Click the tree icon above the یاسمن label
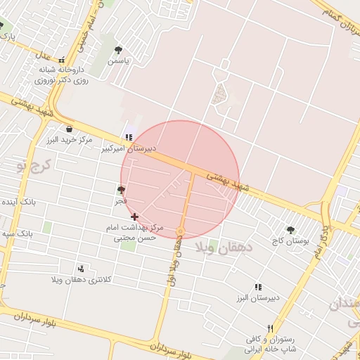(x=118, y=50)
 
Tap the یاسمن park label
(x=118, y=61)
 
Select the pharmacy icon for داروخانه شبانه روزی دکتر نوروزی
(x=62, y=60)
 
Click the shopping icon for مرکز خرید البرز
(x=69, y=129)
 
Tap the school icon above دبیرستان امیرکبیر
(x=128, y=137)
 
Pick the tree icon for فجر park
(x=122, y=190)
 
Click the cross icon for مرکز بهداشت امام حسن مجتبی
(x=134, y=217)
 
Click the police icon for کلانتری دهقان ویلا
(x=81, y=268)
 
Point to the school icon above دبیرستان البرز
(x=258, y=287)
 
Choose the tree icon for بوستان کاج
(x=290, y=229)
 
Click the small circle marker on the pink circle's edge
(x=181, y=231)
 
